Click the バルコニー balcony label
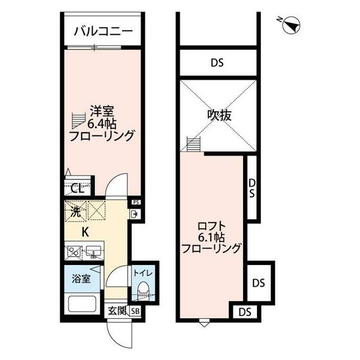(104, 30)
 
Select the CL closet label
(78, 188)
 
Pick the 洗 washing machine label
(75, 213)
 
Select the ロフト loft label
(211, 223)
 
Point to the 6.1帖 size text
(211, 236)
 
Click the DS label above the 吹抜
(218, 63)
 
